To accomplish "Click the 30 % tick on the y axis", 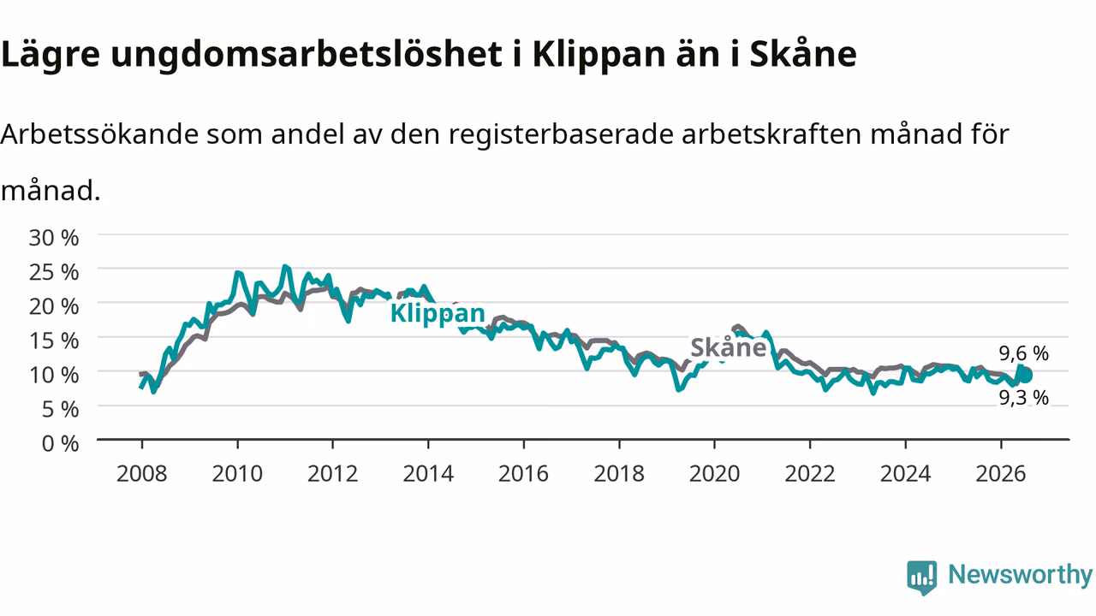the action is pyautogui.click(x=54, y=238).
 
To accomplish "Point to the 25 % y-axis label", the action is pyautogui.click(x=54, y=272).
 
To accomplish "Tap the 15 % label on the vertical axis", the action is pyautogui.click(x=54, y=341).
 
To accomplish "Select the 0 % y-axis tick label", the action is pyautogui.click(x=60, y=444).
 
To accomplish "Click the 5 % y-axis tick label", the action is pyautogui.click(x=60, y=409).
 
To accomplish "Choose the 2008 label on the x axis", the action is pyautogui.click(x=142, y=474).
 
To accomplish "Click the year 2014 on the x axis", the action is pyautogui.click(x=428, y=474).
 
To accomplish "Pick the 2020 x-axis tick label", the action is pyautogui.click(x=714, y=474).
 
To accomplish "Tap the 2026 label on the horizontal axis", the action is pyautogui.click(x=1001, y=474).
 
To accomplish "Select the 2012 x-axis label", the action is pyautogui.click(x=333, y=474).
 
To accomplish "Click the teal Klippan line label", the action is pyautogui.click(x=438, y=313).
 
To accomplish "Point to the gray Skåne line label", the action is pyautogui.click(x=728, y=347).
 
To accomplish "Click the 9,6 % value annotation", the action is pyautogui.click(x=1023, y=353).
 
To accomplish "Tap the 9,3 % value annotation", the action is pyautogui.click(x=1023, y=398).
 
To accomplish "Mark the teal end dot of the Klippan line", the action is pyautogui.click(x=1026, y=376).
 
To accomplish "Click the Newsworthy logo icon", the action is pyautogui.click(x=922, y=577).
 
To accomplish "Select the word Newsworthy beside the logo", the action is pyautogui.click(x=1021, y=574).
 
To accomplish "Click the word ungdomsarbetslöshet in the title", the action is pyautogui.click(x=307, y=55).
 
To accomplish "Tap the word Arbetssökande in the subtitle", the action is pyautogui.click(x=99, y=134).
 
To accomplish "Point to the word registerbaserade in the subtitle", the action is pyautogui.click(x=561, y=135).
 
